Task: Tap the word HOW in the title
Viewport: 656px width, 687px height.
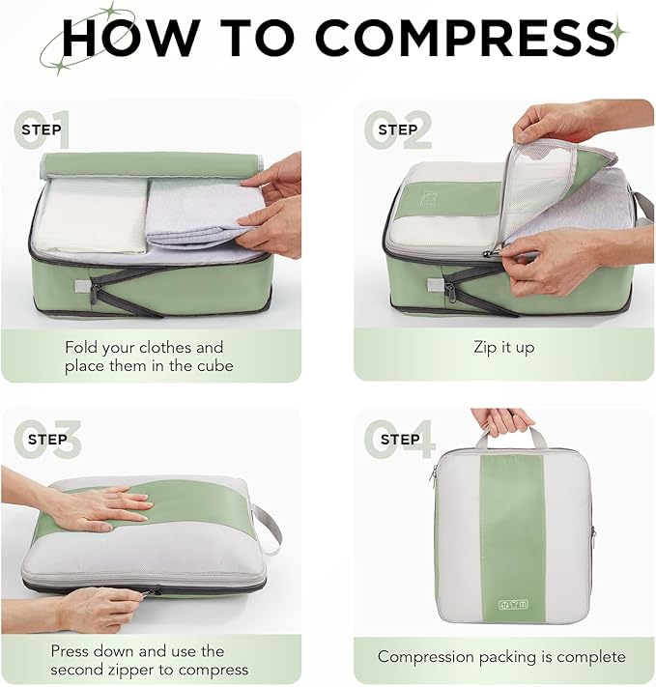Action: click(129, 38)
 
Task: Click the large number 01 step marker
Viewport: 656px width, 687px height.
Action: click(43, 130)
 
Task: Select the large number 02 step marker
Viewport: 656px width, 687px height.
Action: click(398, 130)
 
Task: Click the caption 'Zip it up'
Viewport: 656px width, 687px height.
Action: click(503, 347)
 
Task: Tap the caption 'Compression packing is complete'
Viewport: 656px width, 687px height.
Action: click(501, 656)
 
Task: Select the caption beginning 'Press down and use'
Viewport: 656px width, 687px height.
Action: click(149, 660)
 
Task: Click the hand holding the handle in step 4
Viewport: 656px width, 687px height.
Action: click(501, 420)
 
